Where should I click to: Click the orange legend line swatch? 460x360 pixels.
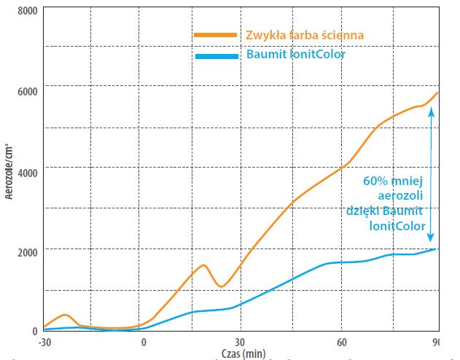(x=216, y=35)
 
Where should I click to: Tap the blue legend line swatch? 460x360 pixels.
(x=216, y=55)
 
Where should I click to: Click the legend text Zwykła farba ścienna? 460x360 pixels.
(x=304, y=34)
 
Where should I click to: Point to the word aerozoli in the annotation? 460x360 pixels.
(x=401, y=197)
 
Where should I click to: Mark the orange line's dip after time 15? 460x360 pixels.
(x=222, y=286)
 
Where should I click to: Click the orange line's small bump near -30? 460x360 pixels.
(x=65, y=315)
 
